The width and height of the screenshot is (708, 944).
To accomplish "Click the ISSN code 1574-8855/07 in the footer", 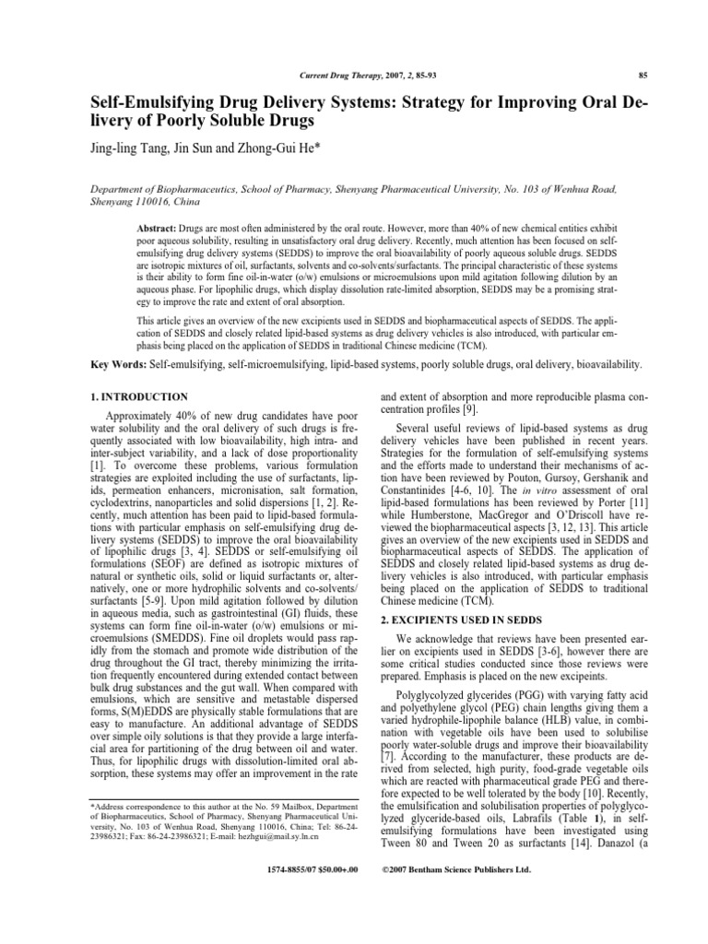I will [x=295, y=868].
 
